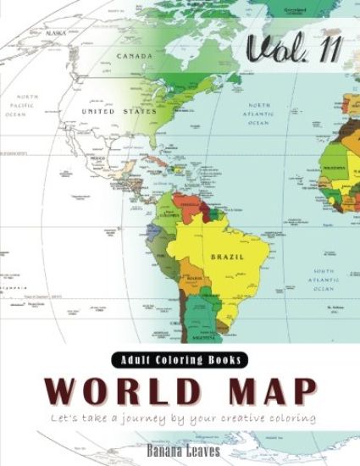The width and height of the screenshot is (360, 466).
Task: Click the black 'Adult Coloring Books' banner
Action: click(180, 359)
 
